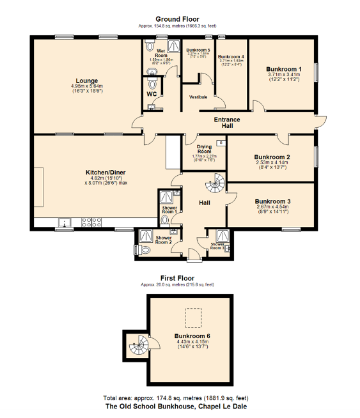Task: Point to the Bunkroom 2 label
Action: click(x=272, y=157)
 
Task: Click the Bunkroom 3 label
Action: click(x=272, y=201)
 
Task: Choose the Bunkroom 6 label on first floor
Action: click(x=192, y=336)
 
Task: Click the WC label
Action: click(x=152, y=94)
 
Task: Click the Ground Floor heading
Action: click(x=179, y=20)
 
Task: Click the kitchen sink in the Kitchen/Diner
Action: click(x=64, y=224)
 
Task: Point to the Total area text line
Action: click(x=180, y=397)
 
